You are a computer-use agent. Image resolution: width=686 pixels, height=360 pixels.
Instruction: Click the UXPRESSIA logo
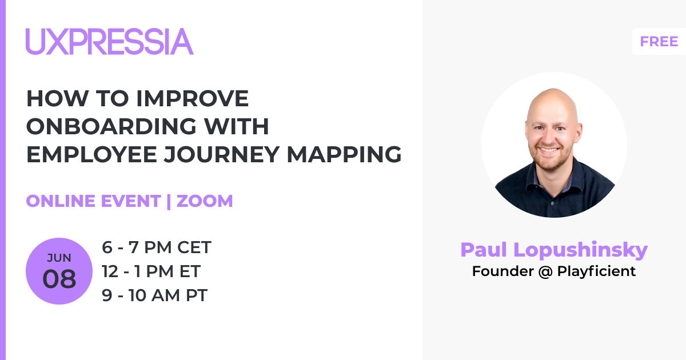(x=110, y=41)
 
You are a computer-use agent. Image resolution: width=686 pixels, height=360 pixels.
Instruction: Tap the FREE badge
(x=659, y=42)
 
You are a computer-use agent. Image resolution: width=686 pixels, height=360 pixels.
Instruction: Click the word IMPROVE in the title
(x=192, y=98)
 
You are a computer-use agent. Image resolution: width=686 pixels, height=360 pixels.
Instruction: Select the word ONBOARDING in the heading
(x=111, y=126)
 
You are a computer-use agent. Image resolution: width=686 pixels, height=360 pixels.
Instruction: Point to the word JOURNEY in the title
(x=221, y=154)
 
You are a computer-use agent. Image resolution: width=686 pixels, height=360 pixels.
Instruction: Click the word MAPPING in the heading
(x=344, y=154)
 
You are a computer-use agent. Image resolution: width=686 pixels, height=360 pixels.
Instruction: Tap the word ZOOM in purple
(x=205, y=201)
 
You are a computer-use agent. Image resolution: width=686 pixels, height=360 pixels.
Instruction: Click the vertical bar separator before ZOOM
(x=169, y=201)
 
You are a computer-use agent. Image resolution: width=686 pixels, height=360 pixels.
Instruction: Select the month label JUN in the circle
(x=59, y=258)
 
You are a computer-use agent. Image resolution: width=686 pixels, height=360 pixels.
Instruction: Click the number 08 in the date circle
(x=59, y=279)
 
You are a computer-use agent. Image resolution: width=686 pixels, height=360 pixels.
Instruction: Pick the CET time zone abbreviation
(x=194, y=247)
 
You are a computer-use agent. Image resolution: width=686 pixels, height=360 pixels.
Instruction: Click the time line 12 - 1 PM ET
(x=151, y=271)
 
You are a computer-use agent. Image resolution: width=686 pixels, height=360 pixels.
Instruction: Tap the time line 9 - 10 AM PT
(x=155, y=295)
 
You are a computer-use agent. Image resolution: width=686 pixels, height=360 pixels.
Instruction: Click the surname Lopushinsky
(x=580, y=250)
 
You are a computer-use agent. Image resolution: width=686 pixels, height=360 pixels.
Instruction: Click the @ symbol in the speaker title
(x=545, y=271)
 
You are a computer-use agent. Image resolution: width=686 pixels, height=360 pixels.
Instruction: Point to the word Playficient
(x=596, y=271)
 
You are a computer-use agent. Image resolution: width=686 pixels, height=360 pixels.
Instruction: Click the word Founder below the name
(x=503, y=271)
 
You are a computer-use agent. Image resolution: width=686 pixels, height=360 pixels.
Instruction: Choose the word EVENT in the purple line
(x=131, y=201)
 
